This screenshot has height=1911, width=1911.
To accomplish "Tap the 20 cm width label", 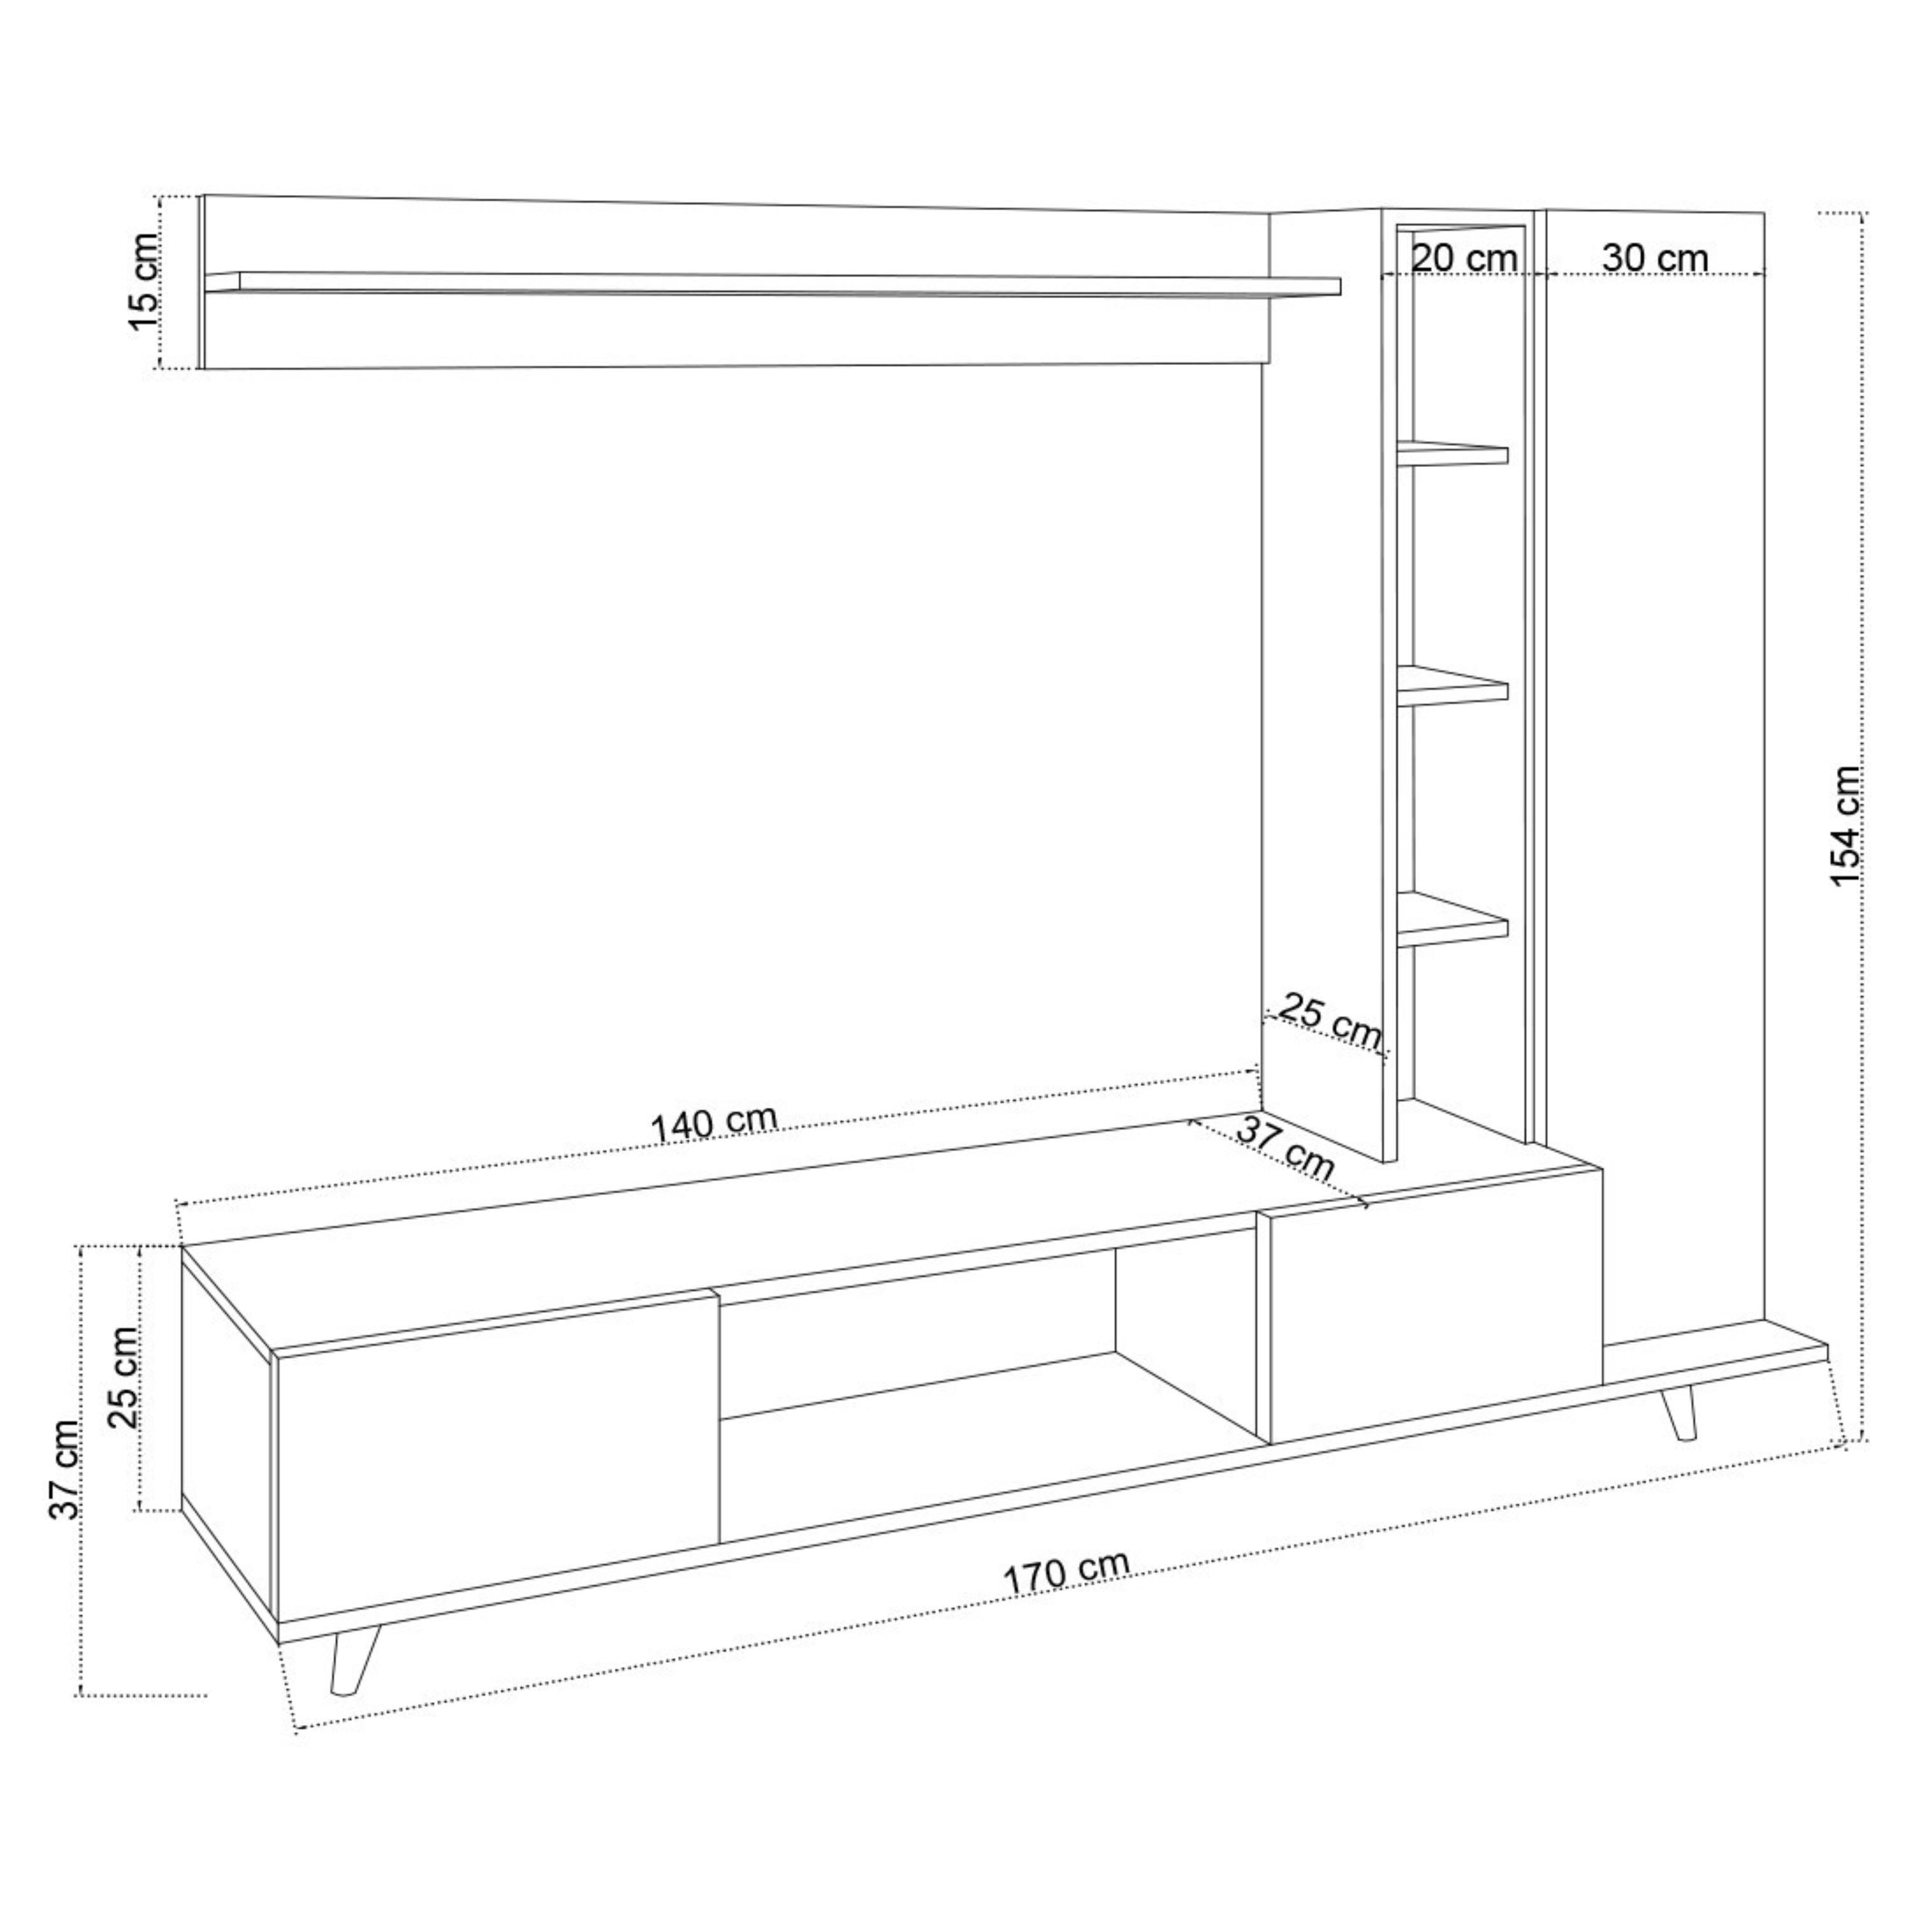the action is point(1464,258).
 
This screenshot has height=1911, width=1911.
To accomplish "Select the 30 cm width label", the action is point(1655,258).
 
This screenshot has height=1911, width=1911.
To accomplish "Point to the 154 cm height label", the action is point(1847,826).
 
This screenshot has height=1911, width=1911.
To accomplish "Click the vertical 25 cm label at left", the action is point(124,1377).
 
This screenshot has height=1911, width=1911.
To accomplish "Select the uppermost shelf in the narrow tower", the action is point(1452,453).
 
